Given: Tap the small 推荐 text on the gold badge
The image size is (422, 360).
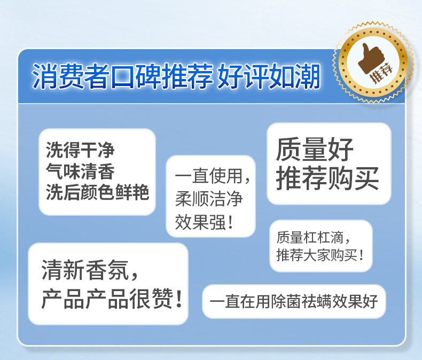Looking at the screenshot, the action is (381, 72).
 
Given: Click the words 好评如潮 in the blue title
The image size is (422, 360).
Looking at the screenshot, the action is (269, 76).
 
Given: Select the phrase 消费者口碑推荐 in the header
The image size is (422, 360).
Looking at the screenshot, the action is (122, 76).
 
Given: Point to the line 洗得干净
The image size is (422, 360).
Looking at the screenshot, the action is (80, 150).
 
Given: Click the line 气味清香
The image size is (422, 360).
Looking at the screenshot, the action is (80, 171).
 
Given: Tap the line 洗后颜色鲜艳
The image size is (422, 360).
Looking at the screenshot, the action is (97, 192).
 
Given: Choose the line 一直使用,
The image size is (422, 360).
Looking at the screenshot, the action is (213, 176).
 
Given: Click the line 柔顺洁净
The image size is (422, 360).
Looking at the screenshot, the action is (209, 199).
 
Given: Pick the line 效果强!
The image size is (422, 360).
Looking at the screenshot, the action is (204, 222).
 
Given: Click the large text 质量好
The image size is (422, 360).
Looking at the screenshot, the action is (315, 150).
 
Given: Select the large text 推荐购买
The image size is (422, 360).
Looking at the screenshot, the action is (327, 178).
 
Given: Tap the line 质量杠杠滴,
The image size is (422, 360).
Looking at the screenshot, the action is (313, 237).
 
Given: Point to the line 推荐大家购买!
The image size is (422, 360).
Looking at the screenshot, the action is (320, 255).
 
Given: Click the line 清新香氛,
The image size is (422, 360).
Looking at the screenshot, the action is (90, 270).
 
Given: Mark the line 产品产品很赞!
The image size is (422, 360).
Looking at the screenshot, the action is (112, 299).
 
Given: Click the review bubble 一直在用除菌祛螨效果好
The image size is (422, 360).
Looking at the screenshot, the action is (294, 301).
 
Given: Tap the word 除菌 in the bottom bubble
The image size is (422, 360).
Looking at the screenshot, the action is (286, 301).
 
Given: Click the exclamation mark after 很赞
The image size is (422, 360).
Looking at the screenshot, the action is (178, 299).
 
